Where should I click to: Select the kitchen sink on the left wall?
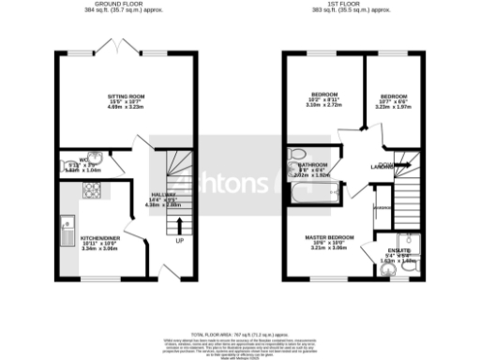pos(67,227)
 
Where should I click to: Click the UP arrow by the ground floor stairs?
pos(179,226)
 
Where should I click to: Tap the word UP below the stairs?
pos(179,240)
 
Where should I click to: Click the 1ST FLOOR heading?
pos(352,5)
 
